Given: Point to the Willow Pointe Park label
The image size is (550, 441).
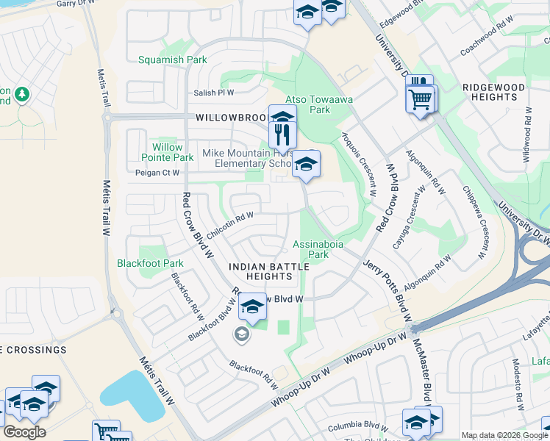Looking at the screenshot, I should click(x=167, y=152).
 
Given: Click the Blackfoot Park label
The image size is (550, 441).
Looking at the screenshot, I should click(x=150, y=263).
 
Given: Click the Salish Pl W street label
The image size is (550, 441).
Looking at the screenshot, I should click(x=213, y=93).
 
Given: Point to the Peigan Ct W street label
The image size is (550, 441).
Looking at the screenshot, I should click(x=157, y=173).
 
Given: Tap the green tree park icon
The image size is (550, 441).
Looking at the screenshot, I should click(x=22, y=94).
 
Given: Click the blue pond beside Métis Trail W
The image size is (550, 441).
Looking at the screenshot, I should click(x=132, y=398).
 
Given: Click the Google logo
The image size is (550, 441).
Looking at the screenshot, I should click(x=24, y=432).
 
